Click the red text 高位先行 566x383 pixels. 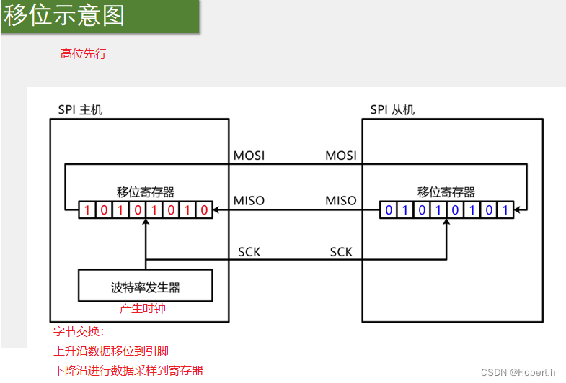(x=84, y=53)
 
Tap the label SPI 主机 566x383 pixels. (x=80, y=110)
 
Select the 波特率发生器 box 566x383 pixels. (x=146, y=287)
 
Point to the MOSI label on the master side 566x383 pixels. (x=249, y=156)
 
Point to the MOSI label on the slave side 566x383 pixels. (x=340, y=156)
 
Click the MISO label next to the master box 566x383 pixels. (x=249, y=200)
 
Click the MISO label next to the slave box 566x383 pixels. (x=340, y=200)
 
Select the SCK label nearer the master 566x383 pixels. (x=249, y=252)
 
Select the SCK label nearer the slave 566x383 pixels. (x=341, y=252)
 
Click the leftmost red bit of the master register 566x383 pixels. (x=87, y=210)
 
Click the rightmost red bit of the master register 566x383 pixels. (x=205, y=210)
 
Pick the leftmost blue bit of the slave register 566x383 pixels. (x=389, y=210)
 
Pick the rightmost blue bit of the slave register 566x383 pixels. (x=506, y=210)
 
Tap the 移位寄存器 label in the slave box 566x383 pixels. (x=446, y=192)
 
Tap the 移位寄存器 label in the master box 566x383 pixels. (x=146, y=192)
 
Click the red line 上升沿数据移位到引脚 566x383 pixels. (x=112, y=351)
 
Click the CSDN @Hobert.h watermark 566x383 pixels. (x=518, y=372)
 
